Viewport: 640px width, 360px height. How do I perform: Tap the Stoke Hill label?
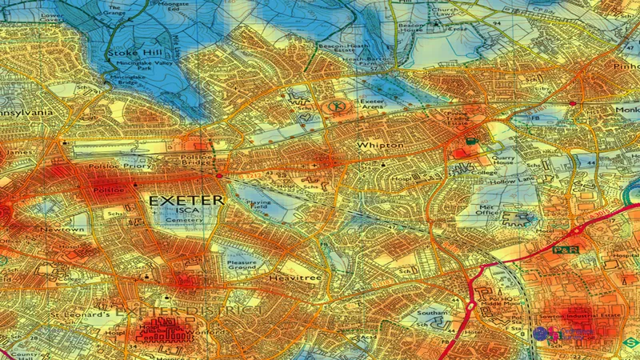coord(129,54)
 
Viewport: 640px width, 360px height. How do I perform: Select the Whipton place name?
coord(382,145)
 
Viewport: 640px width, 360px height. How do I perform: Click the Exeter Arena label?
coord(372,107)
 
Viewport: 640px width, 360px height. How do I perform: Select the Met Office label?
coord(487,209)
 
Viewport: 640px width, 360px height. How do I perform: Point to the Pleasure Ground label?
coord(241,266)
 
